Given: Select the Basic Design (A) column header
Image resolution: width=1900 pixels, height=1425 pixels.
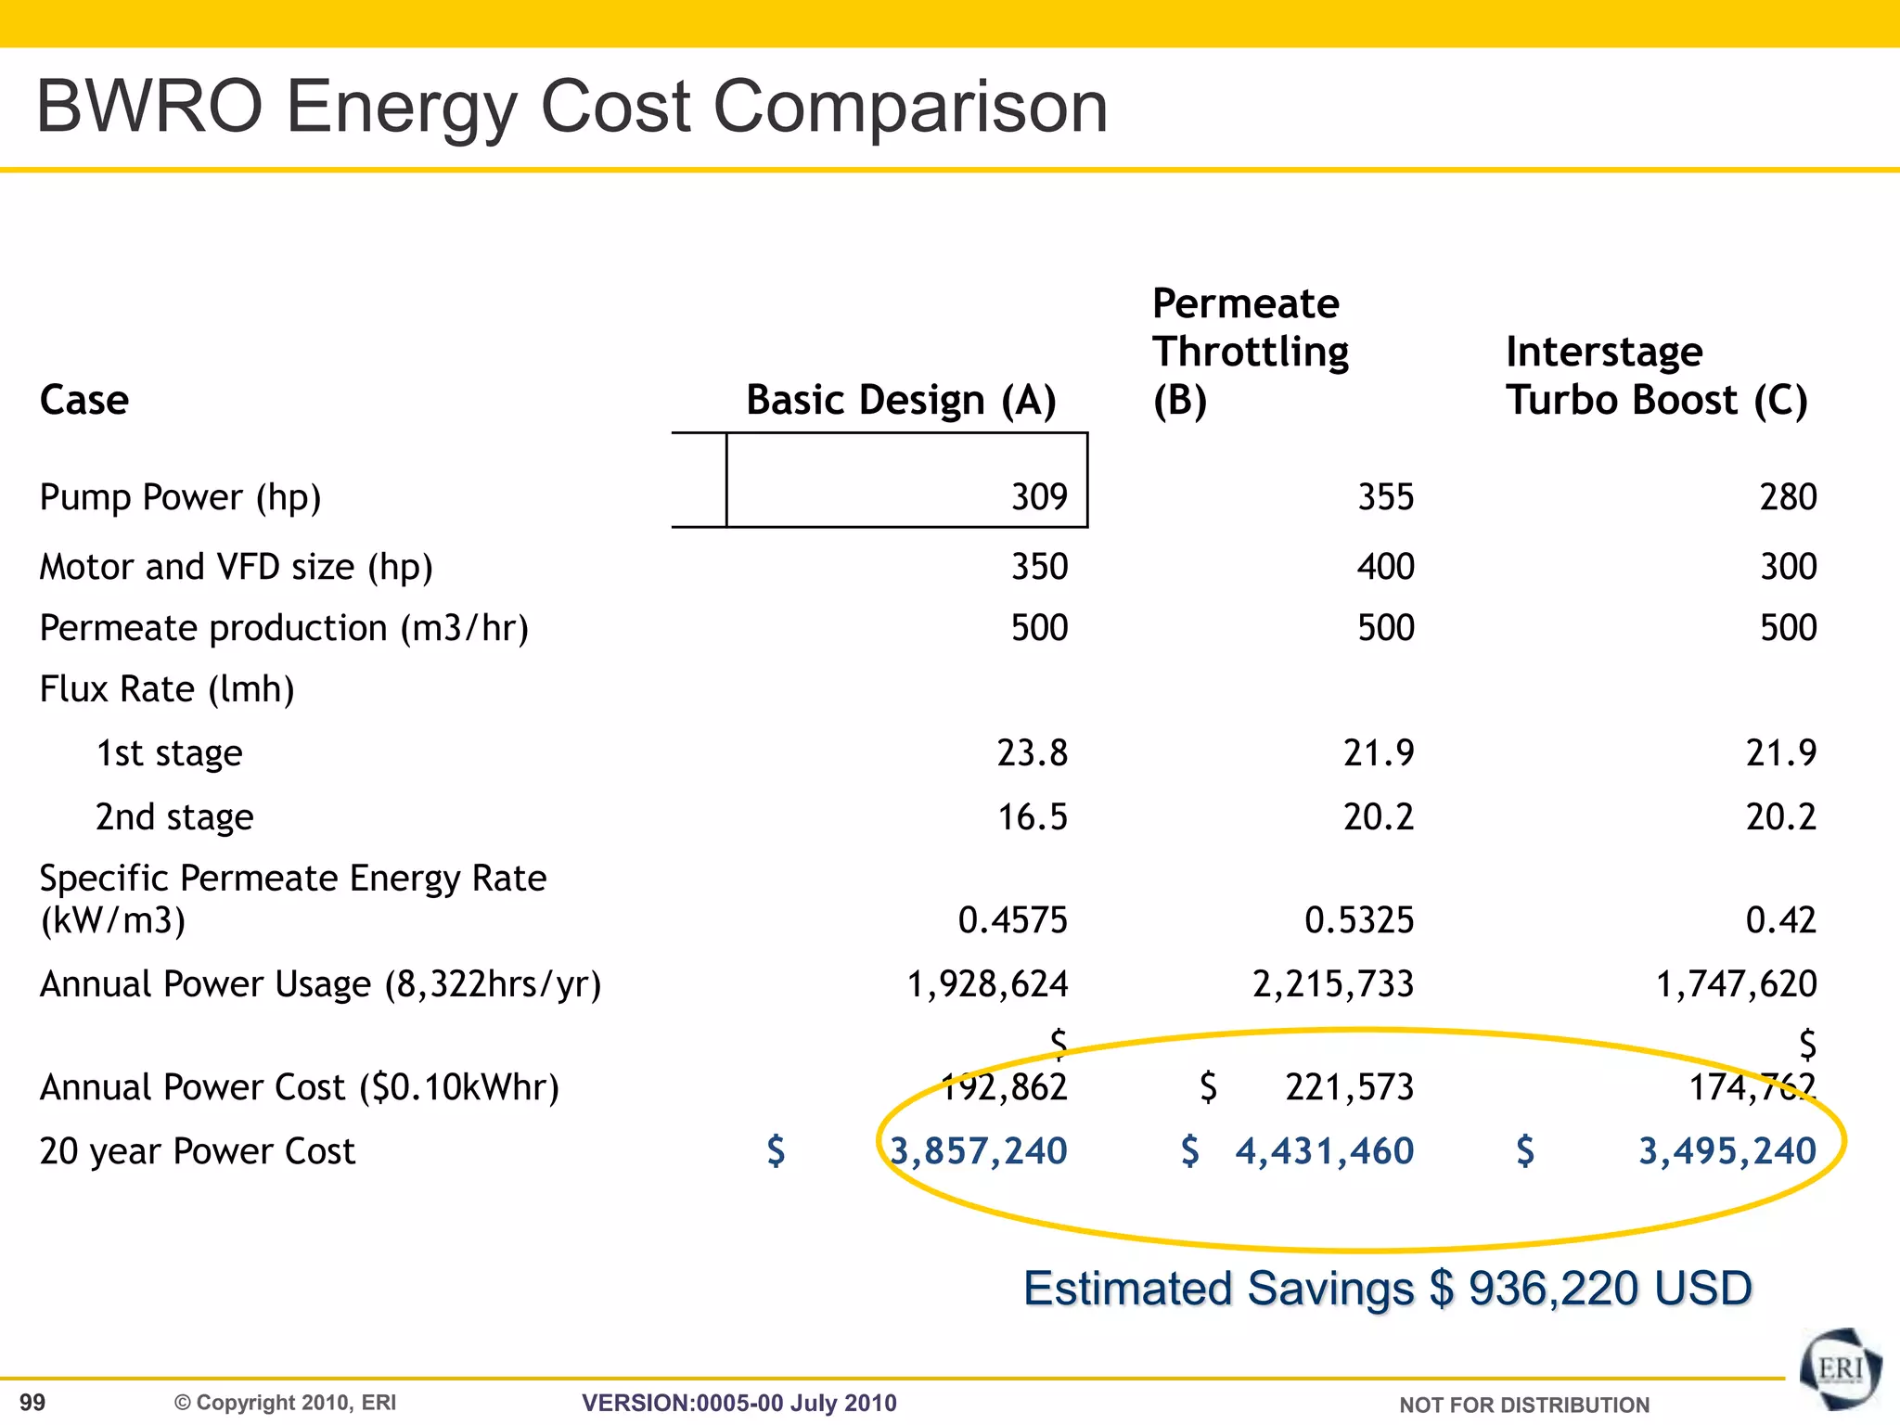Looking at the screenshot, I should tap(901, 401).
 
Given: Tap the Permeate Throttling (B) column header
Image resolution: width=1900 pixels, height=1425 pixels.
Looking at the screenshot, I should tap(1250, 353).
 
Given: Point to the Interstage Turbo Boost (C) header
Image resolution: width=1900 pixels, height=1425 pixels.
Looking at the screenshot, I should tap(1656, 377).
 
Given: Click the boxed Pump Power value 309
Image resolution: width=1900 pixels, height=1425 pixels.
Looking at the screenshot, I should tap(1039, 497).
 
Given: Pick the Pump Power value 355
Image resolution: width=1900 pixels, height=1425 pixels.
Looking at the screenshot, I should tap(1385, 497).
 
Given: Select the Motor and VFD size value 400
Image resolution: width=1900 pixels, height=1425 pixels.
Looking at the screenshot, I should tap(1385, 567).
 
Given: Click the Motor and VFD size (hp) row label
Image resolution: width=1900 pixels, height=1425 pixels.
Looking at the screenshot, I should tap(236, 567).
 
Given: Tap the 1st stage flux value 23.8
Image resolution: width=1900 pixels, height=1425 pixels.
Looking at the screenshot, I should tap(1032, 752).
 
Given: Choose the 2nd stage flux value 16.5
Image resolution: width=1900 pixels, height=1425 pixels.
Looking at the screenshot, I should tap(1032, 817).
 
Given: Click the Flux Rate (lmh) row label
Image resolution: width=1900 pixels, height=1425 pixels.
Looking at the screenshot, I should tap(167, 689).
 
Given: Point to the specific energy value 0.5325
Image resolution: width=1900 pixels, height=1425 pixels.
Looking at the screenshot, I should tap(1358, 920).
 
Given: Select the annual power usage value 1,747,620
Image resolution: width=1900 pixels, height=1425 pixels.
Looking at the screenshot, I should tap(1736, 984).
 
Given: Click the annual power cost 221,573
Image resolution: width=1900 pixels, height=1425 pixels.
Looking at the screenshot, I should tap(1349, 1087).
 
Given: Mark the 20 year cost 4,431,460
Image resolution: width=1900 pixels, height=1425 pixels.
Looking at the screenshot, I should tap(1324, 1151).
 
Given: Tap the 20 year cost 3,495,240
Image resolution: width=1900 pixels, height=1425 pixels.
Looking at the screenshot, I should tap(1727, 1151).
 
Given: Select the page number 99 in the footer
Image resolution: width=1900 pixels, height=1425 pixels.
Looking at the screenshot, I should tap(32, 1403).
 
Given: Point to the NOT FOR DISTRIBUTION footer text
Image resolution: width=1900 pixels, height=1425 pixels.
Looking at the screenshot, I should tap(1523, 1406).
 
